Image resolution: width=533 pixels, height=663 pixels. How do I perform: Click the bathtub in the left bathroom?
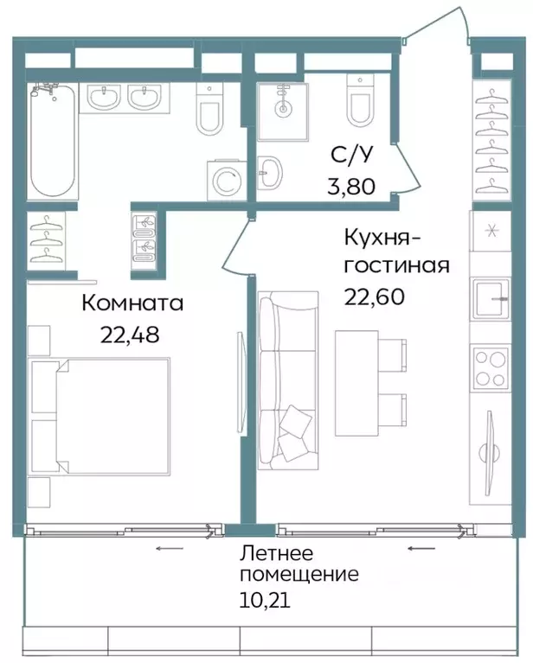click(55, 142)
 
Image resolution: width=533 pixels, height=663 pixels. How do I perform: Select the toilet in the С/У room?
click(360, 102)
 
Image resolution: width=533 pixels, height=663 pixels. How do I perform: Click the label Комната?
click(133, 303)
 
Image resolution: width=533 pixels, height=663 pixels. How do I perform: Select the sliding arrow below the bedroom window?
click(169, 548)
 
